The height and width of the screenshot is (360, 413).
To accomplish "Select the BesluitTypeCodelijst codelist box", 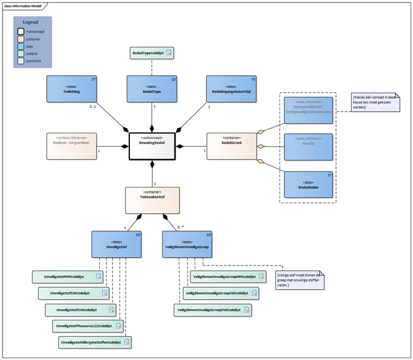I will [x=152, y=53].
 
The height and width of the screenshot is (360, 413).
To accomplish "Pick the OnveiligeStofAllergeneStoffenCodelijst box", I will [x=94, y=342].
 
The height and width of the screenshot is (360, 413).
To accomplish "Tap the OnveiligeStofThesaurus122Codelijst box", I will [x=88, y=326].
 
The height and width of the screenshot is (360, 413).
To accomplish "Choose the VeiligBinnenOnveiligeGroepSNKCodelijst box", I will [x=212, y=310].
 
